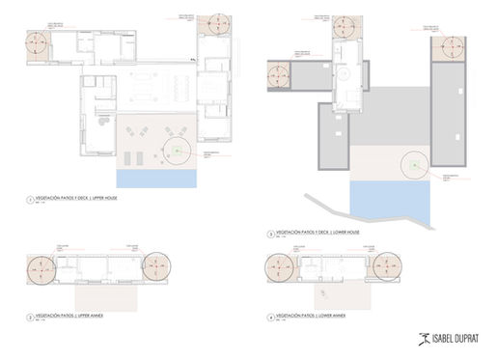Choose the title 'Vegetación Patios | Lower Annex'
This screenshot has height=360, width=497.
tap(313, 316)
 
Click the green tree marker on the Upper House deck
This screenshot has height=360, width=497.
tap(179, 151)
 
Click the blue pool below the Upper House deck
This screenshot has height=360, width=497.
tap(156, 179)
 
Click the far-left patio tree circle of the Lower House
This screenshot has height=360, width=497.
tap(280, 73)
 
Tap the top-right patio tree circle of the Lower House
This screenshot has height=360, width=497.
tap(450, 46)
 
